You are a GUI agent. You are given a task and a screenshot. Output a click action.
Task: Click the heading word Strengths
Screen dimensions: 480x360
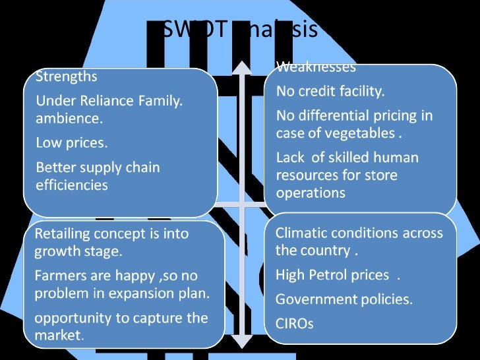(66, 76)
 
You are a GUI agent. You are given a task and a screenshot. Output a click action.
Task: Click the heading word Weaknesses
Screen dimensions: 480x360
(316, 67)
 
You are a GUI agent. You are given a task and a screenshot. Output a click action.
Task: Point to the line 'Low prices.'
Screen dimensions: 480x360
(71, 142)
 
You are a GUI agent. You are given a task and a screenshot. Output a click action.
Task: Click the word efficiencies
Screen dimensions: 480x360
(72, 185)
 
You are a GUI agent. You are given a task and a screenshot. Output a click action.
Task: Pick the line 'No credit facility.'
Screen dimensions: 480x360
(330, 91)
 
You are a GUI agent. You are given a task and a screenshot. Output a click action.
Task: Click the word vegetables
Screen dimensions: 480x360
(363, 133)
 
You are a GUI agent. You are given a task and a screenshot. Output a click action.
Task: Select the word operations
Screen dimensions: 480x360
(310, 193)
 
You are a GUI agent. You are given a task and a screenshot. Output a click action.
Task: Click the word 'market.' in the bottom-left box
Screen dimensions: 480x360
(59, 335)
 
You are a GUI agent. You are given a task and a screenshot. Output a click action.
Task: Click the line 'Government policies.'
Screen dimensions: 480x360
(344, 299)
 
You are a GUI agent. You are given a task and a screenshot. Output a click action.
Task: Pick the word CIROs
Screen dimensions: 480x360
(294, 324)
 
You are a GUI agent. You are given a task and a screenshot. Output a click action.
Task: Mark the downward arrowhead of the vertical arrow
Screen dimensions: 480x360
(242, 341)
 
